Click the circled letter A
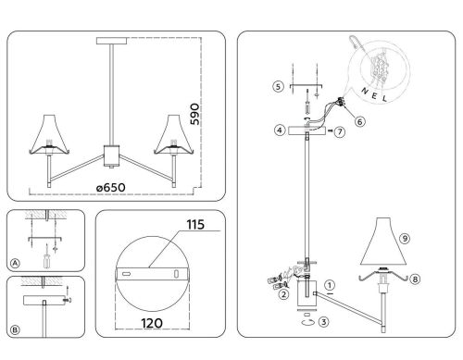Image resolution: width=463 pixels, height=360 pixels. point(15,262)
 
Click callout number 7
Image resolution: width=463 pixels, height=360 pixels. point(341,134)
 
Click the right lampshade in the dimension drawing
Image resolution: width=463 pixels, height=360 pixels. point(170,136)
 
